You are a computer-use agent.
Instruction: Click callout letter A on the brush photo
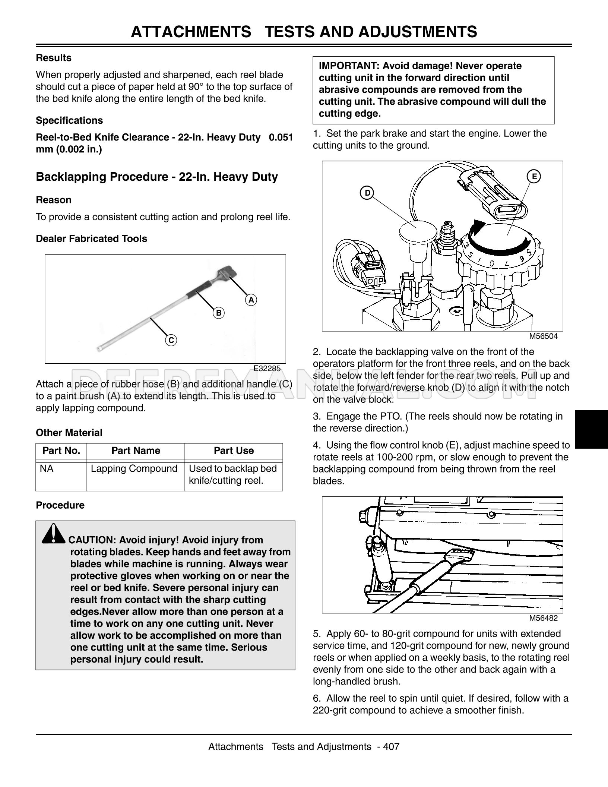[x=251, y=300]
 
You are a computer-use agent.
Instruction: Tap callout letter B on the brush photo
[x=219, y=313]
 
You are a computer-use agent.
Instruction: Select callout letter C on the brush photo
[x=171, y=340]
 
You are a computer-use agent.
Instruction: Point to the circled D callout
[x=367, y=193]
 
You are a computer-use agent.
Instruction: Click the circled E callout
[x=534, y=176]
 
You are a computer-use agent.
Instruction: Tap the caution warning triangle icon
[x=54, y=533]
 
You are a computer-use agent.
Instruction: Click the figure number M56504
[x=544, y=336]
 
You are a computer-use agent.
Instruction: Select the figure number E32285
[x=267, y=369]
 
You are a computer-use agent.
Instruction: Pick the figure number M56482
[x=544, y=618]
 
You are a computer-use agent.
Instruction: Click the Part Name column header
[x=136, y=451]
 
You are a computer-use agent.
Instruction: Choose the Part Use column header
[x=234, y=451]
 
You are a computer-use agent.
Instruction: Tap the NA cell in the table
[x=47, y=468]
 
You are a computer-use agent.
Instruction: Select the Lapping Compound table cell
[x=134, y=468]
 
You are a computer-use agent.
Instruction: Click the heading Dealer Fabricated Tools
[x=91, y=238]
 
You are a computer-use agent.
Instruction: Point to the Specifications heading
[x=69, y=120]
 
